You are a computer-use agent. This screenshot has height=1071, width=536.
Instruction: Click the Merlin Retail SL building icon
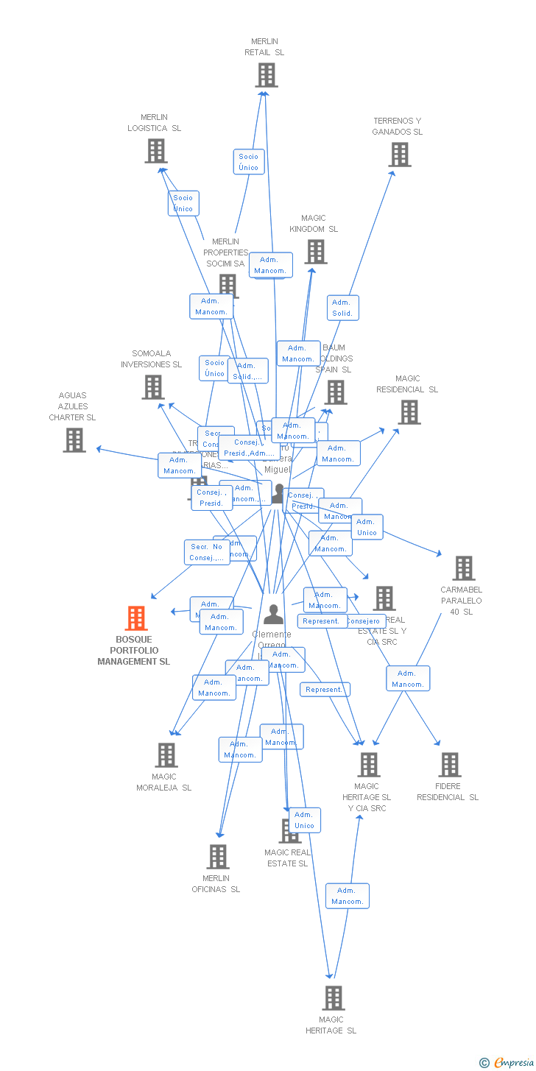[x=266, y=75]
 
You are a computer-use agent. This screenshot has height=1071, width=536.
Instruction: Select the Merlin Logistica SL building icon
[x=155, y=151]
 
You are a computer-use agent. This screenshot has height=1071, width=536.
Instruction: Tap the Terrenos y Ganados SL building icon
[x=399, y=155]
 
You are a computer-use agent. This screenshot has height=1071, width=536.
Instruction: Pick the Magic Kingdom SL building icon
[x=315, y=252]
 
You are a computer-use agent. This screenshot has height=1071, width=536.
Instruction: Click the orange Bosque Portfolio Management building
[x=136, y=618]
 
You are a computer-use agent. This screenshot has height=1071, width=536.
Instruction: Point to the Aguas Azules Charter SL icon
[x=74, y=440]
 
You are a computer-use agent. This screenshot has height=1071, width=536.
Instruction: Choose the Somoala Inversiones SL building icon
[x=152, y=387]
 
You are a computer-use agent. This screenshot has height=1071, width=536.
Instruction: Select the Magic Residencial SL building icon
[x=409, y=412]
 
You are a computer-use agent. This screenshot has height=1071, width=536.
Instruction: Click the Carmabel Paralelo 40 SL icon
[x=463, y=568]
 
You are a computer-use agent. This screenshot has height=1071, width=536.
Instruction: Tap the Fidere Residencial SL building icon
[x=449, y=765]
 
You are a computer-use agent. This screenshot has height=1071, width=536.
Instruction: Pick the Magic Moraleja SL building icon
[x=166, y=755]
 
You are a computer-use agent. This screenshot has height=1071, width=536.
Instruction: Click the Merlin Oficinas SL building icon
[x=217, y=857]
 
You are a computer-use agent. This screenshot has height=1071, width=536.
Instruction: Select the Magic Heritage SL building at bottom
[x=333, y=998]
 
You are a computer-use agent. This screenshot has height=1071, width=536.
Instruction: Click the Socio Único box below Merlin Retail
[x=249, y=162]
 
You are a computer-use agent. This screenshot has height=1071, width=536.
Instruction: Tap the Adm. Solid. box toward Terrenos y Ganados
[x=342, y=308]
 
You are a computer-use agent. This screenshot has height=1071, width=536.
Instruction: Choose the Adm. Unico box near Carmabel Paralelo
[x=367, y=527]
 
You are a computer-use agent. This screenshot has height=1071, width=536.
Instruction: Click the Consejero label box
[x=363, y=621]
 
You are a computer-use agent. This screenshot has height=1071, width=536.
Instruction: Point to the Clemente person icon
[x=273, y=614]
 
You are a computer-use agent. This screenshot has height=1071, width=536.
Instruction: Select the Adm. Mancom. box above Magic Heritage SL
[x=347, y=896]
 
